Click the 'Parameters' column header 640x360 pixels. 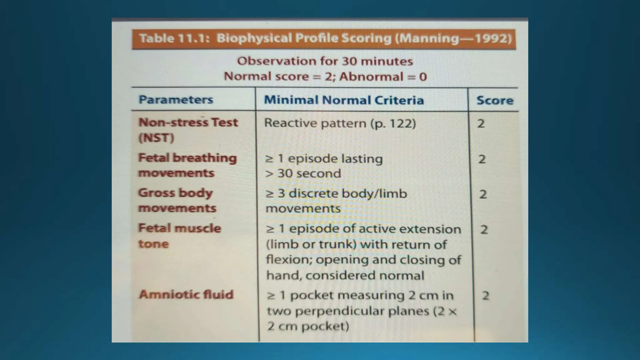click(176, 100)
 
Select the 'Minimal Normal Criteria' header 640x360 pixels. click(344, 100)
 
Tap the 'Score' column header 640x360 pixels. click(494, 100)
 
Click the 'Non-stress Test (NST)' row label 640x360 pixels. click(188, 130)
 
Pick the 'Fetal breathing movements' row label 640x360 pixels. click(187, 165)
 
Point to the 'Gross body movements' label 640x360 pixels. click(177, 200)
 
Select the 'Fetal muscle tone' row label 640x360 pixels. click(179, 236)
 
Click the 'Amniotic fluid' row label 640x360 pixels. click(186, 294)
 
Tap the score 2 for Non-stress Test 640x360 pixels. click(481, 124)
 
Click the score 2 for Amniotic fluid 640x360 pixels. click(485, 296)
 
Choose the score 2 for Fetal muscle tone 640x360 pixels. click(484, 230)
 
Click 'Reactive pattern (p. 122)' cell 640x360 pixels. click(340, 123)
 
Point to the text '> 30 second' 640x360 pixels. click(303, 173)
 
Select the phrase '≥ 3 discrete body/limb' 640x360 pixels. click(336, 193)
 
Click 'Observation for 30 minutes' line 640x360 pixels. click(325, 61)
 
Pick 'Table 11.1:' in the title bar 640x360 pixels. click(174, 38)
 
